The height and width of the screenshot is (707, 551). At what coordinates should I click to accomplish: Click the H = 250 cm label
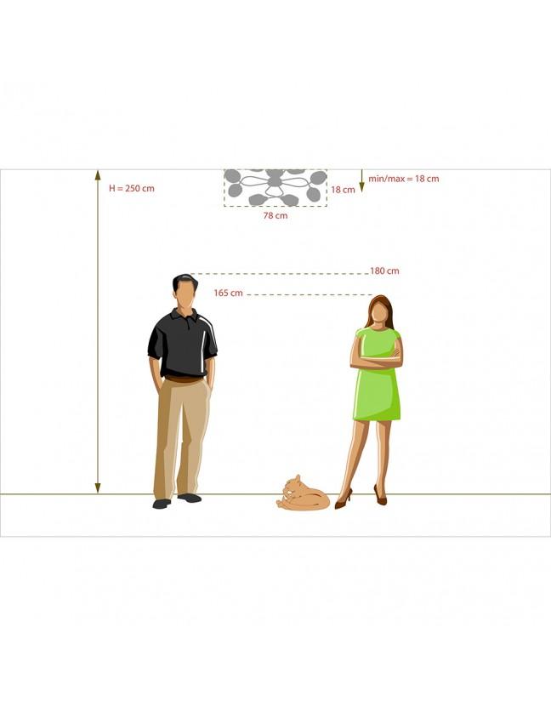tap(132, 189)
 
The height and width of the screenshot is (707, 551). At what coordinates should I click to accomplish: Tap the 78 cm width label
tap(275, 215)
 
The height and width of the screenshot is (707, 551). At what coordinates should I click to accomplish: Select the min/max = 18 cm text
tap(404, 179)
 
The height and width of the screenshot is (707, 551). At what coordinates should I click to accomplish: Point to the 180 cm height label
tap(384, 271)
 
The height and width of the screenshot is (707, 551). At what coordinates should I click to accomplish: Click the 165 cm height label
tap(228, 293)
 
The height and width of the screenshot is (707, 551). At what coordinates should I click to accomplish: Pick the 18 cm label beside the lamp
tap(343, 190)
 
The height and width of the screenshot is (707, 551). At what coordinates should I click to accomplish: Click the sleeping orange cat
tap(303, 493)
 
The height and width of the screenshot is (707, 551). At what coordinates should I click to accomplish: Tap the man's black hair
tap(185, 282)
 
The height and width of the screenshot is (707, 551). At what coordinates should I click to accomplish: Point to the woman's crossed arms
tap(377, 358)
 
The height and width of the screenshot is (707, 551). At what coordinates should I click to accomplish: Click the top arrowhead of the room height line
tap(98, 175)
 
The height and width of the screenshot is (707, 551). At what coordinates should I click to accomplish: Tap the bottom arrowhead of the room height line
tap(98, 488)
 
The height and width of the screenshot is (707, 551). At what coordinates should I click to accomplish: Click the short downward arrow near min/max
tap(361, 181)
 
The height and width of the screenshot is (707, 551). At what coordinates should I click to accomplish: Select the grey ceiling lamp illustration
tap(275, 187)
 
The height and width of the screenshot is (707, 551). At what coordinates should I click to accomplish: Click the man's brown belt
tap(184, 379)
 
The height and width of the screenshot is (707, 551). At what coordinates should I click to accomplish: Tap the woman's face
tap(380, 312)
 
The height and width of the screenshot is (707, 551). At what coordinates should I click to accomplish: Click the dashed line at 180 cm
tap(280, 274)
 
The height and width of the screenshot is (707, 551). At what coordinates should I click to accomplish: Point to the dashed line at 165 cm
tap(310, 295)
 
